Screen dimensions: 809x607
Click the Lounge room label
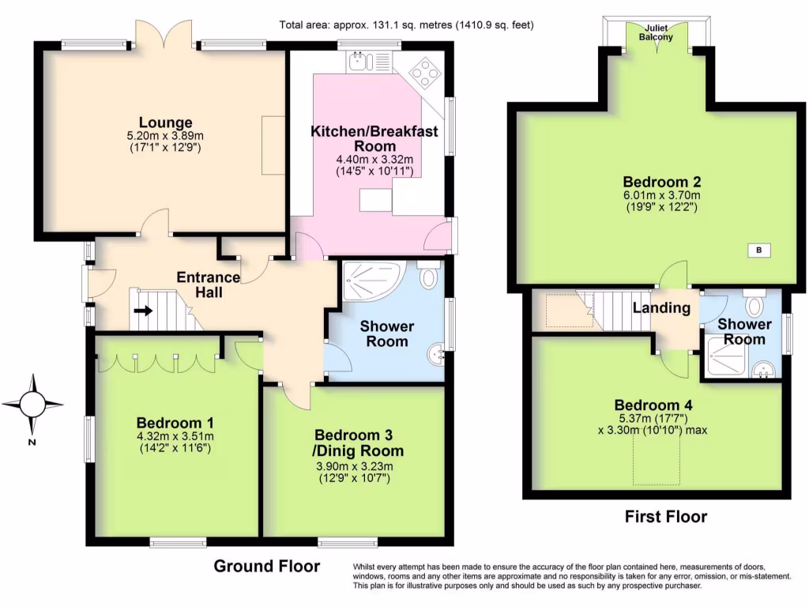coord(166,123)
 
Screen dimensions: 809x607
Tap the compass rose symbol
coord(32,404)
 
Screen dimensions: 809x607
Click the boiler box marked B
coord(759,251)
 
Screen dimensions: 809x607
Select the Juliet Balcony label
coord(656,32)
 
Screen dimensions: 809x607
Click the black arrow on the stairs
coord(144,311)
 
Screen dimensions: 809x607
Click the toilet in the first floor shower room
coord(754,303)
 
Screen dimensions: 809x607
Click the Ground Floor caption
coord(267,566)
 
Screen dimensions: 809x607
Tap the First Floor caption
coord(666,517)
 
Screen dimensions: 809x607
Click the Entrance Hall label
coord(209,285)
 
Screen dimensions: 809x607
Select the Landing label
coord(661,308)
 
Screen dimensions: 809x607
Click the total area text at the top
coord(407,25)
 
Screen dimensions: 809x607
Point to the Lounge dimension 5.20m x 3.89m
coord(166,136)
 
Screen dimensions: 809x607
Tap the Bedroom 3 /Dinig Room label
coord(358,443)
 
